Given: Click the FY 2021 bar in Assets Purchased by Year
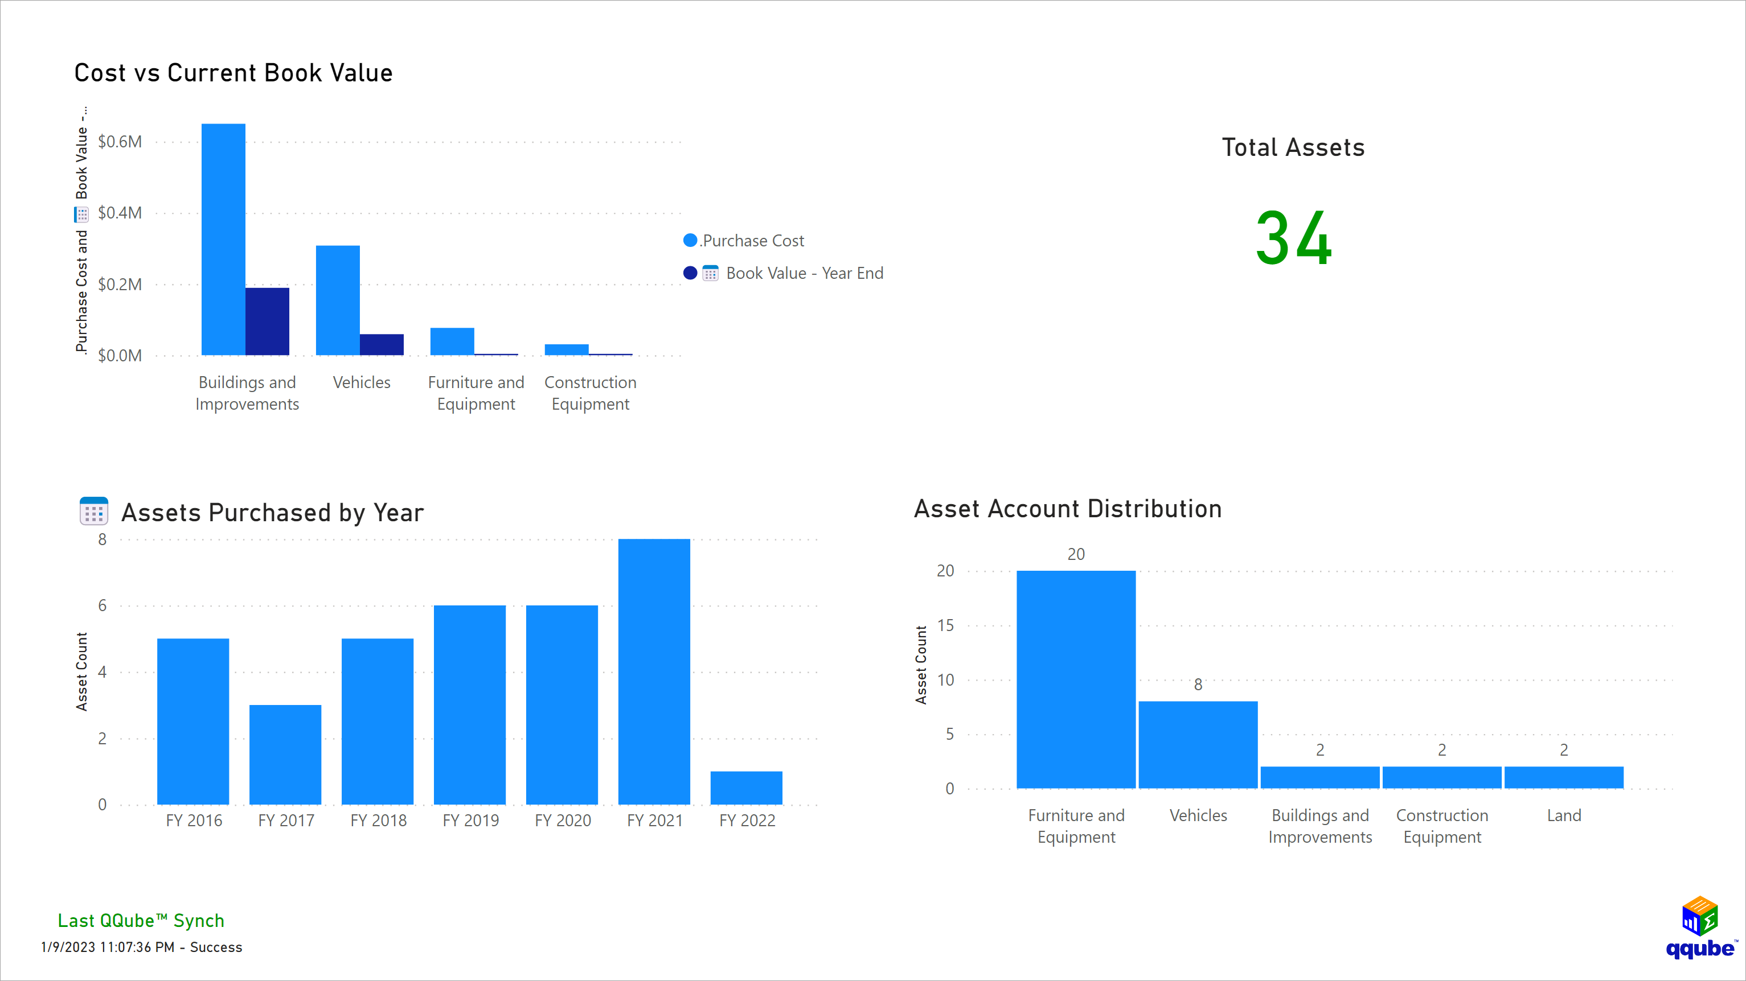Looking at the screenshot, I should pos(654,671).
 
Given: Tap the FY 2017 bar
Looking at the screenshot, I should pos(285,754).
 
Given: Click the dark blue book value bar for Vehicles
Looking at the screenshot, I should pos(382,344).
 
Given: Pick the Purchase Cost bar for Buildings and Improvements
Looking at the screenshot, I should pos(223,239).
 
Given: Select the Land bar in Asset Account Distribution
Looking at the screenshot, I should pos(1564,777).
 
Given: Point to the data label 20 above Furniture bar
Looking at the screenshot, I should pos(1076,554).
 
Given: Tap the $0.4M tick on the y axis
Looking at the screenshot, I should pos(120,213).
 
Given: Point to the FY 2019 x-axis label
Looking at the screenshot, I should pos(470,821).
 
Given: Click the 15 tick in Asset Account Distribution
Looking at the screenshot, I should pos(945,625).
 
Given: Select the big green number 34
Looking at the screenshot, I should pos(1293,238).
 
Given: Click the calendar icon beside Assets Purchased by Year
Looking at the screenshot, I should pos(93,512).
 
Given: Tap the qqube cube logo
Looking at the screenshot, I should pos(1700,916).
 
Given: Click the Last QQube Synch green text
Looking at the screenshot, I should pos(141,921).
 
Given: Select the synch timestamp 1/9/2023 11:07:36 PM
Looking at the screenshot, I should pos(108,947).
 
